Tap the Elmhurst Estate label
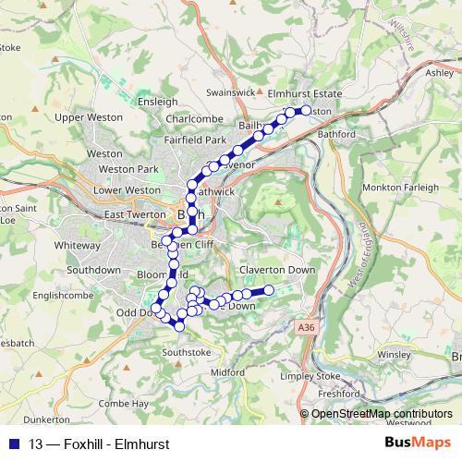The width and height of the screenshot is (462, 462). pos(310,94)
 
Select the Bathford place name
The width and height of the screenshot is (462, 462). pos(337,134)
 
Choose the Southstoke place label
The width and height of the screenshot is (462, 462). pos(187,352)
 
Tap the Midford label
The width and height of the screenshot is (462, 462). pos(227,372)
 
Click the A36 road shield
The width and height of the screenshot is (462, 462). pos(307,326)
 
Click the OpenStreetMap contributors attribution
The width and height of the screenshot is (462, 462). pos(382,414)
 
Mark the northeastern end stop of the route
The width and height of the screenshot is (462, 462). pos(307,110)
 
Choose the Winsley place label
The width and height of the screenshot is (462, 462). pos(394,354)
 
